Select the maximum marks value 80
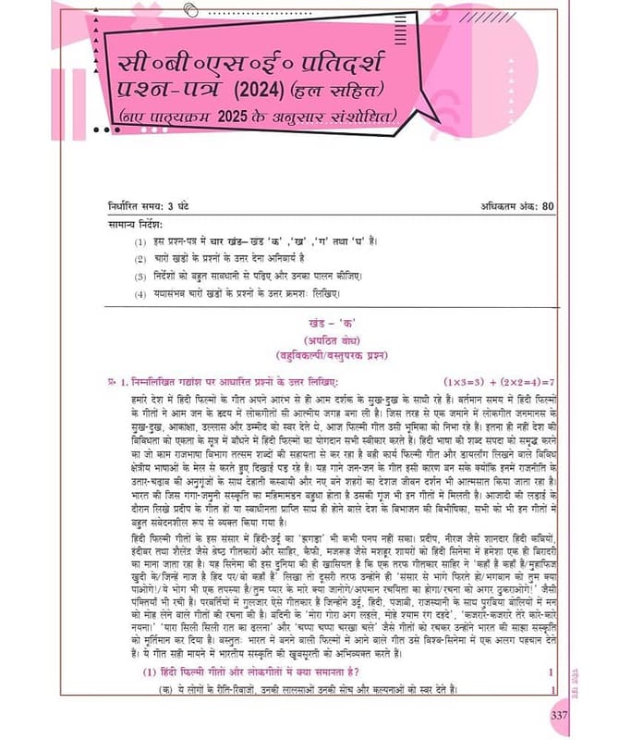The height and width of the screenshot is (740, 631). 547,205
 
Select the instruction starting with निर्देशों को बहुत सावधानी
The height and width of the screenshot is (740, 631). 249,276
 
